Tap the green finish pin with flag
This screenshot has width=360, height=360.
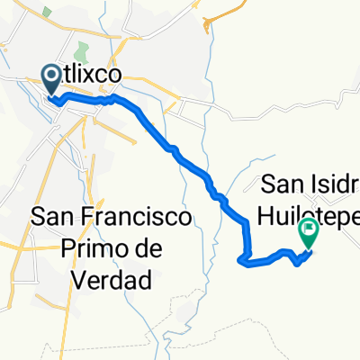point(310,234)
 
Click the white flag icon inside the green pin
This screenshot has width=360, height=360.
point(310,230)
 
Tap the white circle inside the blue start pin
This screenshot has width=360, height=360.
point(51,76)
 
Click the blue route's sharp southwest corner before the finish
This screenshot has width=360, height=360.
point(241,263)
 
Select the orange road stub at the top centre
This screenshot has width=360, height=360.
point(216,16)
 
